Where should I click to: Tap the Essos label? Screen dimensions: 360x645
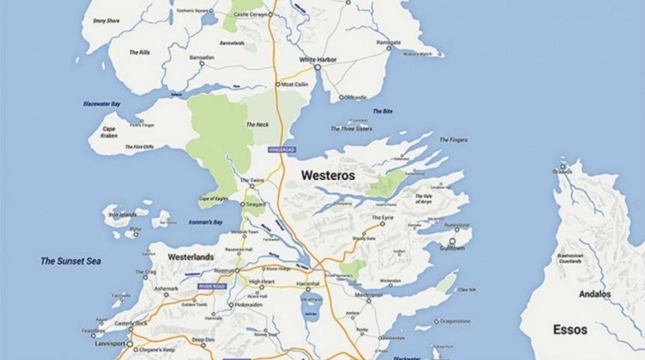(x=570, y=329)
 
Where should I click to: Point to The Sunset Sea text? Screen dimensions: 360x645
(x=70, y=261)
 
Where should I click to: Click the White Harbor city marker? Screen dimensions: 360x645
(x=317, y=67)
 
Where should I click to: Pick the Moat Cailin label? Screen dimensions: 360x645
(x=295, y=85)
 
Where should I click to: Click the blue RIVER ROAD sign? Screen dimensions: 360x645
(x=211, y=286)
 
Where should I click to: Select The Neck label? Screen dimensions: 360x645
(x=257, y=124)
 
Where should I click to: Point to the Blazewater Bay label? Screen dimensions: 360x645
(x=102, y=103)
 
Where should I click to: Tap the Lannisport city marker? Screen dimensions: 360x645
(x=130, y=346)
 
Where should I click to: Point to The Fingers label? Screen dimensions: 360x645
(x=454, y=139)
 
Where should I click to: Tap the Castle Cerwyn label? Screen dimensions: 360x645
(x=253, y=14)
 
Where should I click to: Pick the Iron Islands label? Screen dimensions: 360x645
(x=122, y=214)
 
